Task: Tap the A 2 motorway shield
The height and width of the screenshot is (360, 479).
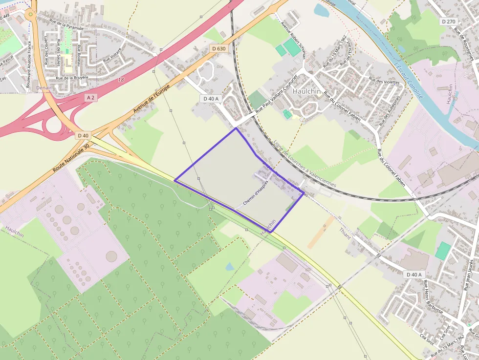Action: point(90,98)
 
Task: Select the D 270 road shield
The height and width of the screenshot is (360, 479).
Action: point(448,21)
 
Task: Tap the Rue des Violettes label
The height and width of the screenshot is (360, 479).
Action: point(384,82)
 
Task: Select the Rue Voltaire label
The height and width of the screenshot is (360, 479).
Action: point(112,60)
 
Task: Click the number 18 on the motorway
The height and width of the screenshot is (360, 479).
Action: point(121,79)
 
